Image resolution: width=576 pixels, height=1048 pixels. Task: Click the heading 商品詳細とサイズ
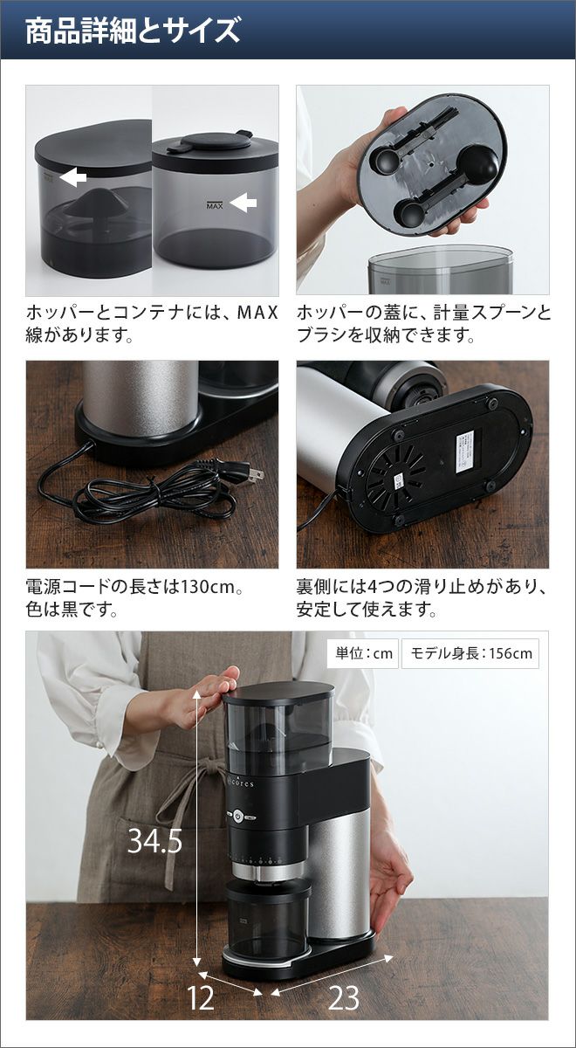[x=133, y=31]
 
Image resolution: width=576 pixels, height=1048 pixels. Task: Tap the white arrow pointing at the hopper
[x=73, y=177]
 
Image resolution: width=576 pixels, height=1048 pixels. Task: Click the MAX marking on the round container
[x=215, y=205]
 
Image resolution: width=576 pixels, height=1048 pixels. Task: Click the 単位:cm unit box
[x=363, y=652]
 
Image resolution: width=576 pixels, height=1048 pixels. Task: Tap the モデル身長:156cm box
[x=470, y=652]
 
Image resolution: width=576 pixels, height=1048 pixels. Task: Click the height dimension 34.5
[x=155, y=853]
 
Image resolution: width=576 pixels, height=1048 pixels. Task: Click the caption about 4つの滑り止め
[x=421, y=598]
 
